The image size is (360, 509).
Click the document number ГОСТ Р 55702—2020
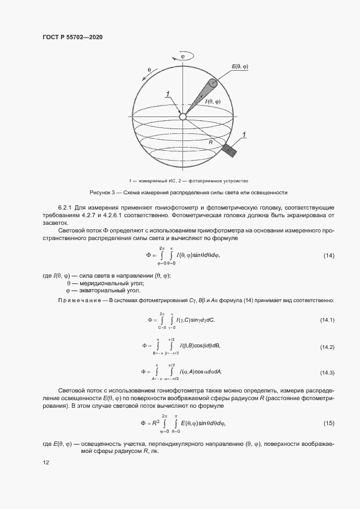[72, 37]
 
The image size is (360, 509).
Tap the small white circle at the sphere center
[183, 116]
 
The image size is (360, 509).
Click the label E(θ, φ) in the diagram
[240, 66]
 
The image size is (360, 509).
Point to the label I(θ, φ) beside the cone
[212, 102]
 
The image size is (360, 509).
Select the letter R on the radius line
[210, 142]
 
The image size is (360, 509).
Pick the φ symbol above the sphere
[182, 56]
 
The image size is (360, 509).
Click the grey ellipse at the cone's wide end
[212, 83]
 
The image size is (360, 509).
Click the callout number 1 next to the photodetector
[245, 134]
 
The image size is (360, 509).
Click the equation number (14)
[329, 255]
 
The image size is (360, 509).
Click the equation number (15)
[329, 423]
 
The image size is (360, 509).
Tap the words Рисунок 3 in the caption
[102, 193]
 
